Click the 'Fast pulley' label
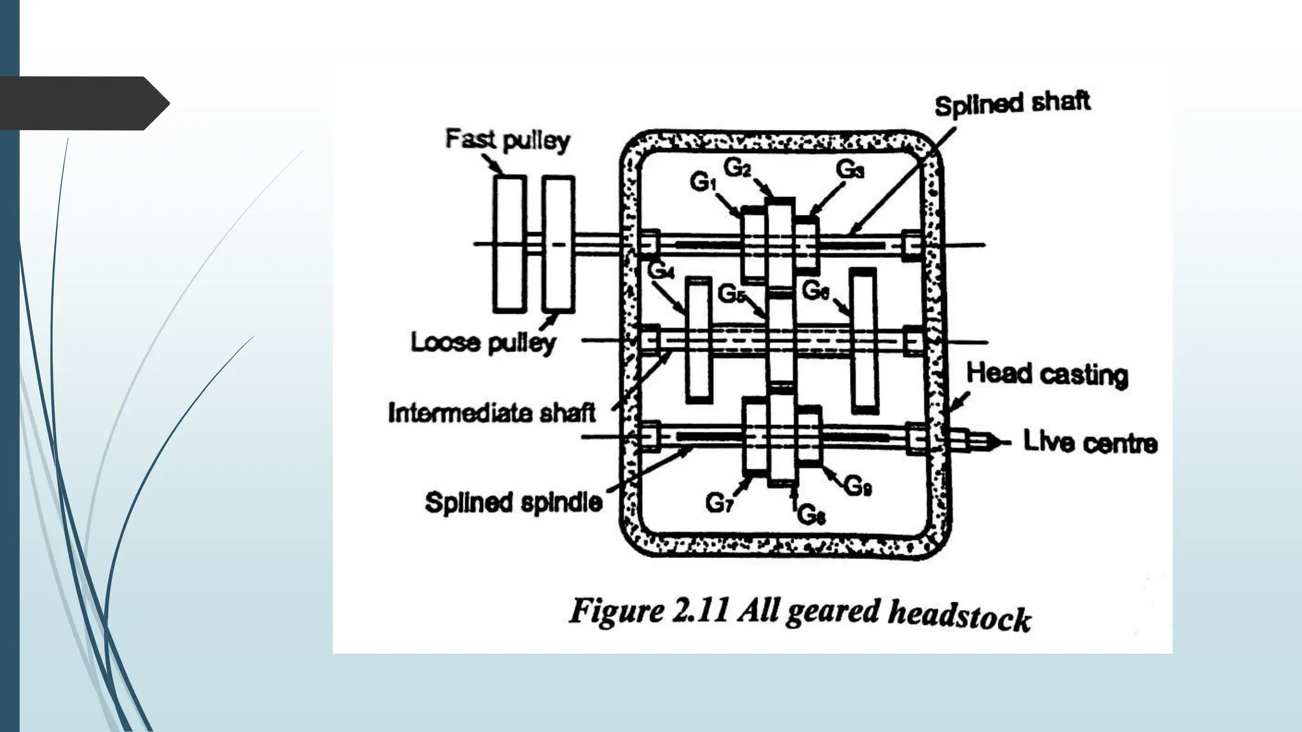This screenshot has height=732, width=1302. pyautogui.click(x=507, y=140)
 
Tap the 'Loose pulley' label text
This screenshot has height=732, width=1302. pyautogui.click(x=483, y=342)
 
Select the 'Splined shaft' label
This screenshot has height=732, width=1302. pyautogui.click(x=1012, y=104)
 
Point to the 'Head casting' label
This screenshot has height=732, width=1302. pyautogui.click(x=1047, y=374)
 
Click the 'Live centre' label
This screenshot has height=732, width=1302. pyautogui.click(x=1090, y=442)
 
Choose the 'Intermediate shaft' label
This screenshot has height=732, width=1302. pyautogui.click(x=491, y=413)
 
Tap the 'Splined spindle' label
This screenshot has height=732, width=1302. pyautogui.click(x=513, y=503)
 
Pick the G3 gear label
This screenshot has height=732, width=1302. pyautogui.click(x=849, y=170)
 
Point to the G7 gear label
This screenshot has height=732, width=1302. pyautogui.click(x=719, y=504)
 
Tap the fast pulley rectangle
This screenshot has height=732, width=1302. pyautogui.click(x=510, y=244)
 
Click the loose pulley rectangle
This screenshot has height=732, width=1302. pyautogui.click(x=558, y=244)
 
